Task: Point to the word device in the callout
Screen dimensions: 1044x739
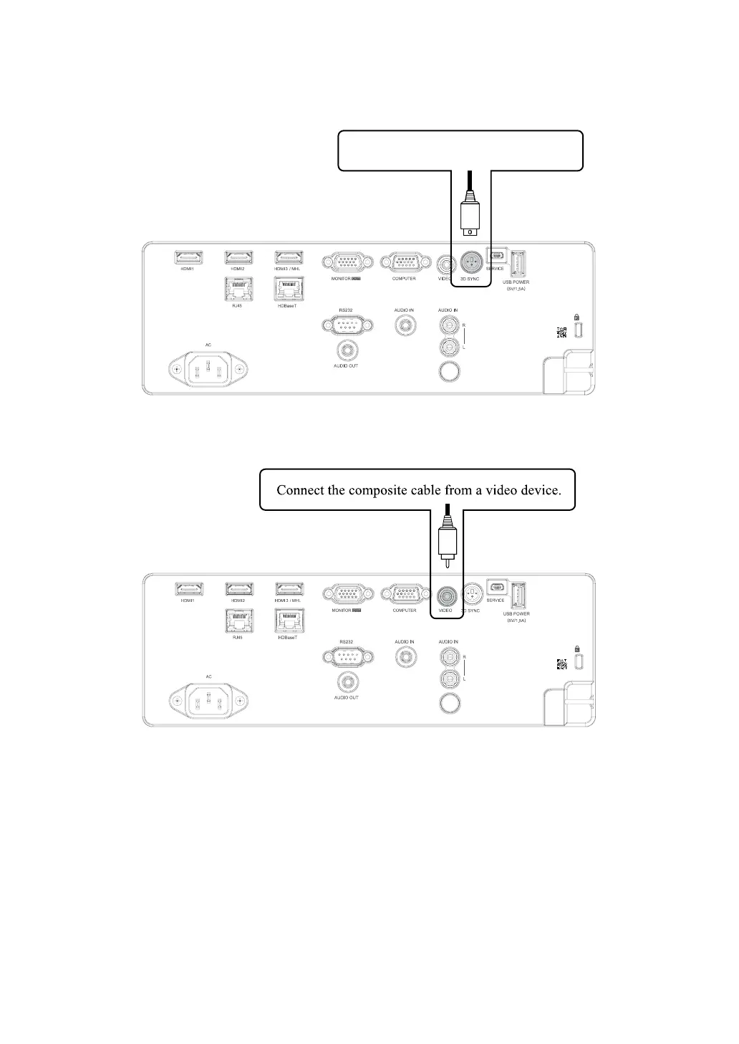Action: pos(536,491)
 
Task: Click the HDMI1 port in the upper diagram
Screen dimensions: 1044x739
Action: pos(189,257)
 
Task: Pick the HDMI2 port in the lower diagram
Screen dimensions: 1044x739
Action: pos(239,589)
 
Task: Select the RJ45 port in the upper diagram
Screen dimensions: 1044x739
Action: pos(238,288)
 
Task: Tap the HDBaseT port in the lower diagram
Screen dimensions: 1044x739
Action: pos(289,620)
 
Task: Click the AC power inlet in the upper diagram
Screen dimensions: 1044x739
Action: pos(208,370)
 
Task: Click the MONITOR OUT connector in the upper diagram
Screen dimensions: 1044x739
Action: pos(347,262)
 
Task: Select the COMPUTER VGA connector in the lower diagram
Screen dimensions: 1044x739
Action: pos(405,594)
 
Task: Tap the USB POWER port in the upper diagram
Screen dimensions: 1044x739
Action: pos(518,263)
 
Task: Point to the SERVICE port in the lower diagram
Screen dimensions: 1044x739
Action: pos(496,586)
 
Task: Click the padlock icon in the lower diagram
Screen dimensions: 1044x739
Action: pos(578,649)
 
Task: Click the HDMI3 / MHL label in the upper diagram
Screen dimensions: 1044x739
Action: pos(289,269)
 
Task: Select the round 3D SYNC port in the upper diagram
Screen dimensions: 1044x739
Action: pos(470,262)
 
